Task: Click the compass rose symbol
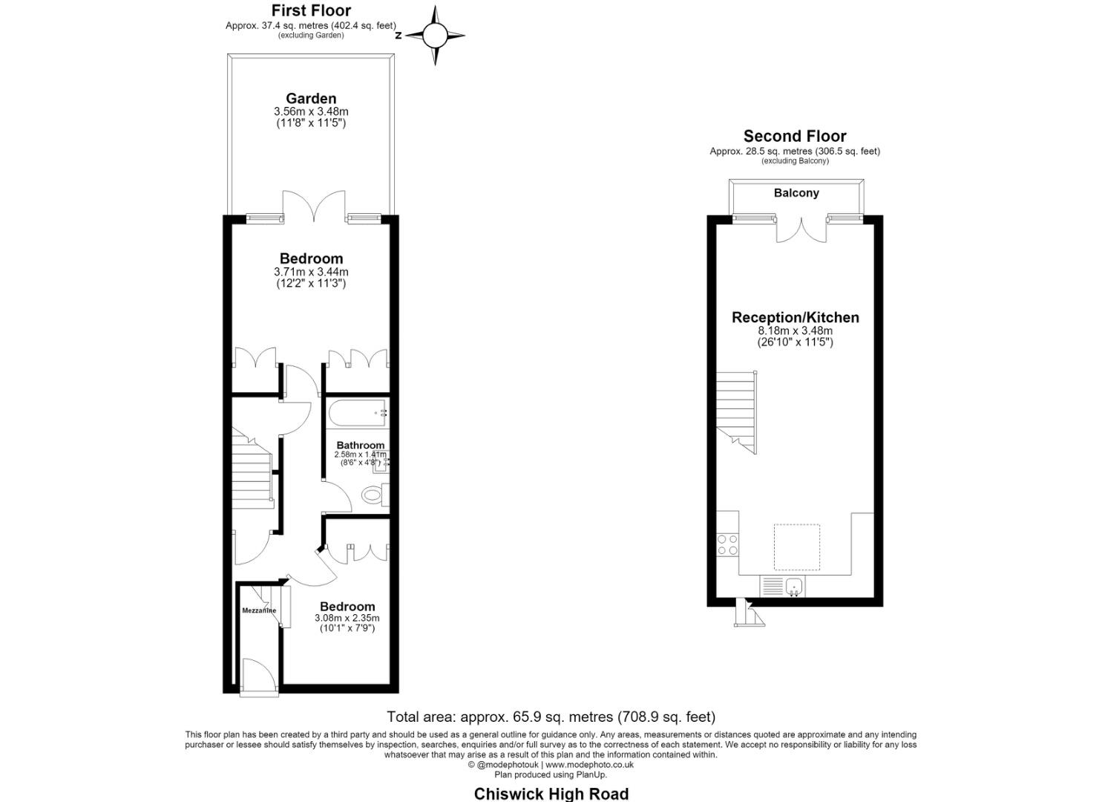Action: (x=435, y=35)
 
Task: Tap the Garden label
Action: (x=311, y=98)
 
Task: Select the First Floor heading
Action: (x=311, y=10)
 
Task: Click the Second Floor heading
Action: (x=795, y=136)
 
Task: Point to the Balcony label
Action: (x=796, y=192)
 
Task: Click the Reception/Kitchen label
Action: (x=795, y=317)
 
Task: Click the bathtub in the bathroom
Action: (x=358, y=414)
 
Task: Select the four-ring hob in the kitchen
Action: (x=727, y=544)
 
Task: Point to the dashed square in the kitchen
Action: (x=796, y=547)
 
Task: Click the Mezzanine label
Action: (x=259, y=610)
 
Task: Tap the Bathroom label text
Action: (x=360, y=445)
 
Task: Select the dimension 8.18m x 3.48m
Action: (x=795, y=331)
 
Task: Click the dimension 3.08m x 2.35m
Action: (x=347, y=618)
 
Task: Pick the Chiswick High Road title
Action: (x=551, y=794)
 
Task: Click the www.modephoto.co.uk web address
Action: (x=589, y=765)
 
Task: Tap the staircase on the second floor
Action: (x=736, y=412)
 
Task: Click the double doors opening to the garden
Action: (x=313, y=206)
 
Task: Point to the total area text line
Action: (x=551, y=717)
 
